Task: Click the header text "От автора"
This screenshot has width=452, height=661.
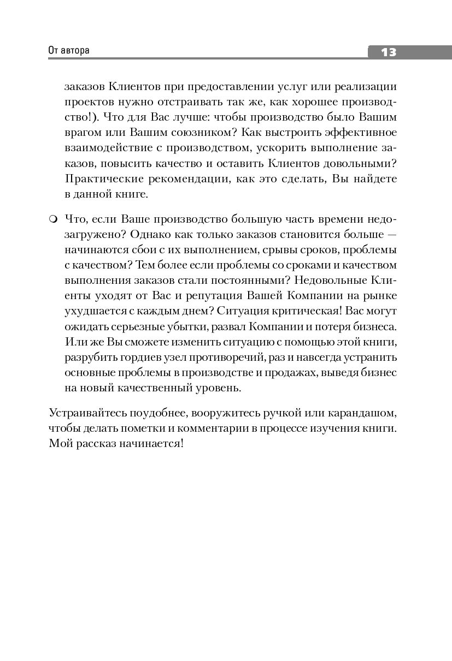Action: coord(69,51)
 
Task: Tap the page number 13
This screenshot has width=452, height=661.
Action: coord(388,52)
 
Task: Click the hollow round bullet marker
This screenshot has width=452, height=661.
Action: coord(53,219)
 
